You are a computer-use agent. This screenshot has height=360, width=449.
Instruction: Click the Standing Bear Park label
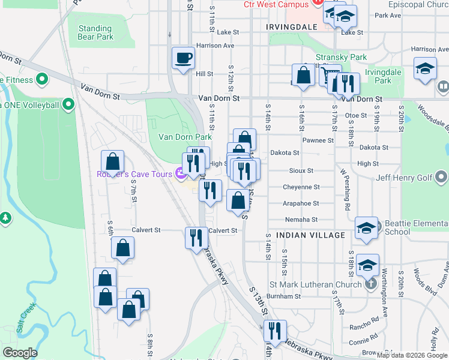(x=95, y=32)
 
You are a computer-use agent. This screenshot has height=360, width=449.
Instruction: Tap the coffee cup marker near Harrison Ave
(x=184, y=58)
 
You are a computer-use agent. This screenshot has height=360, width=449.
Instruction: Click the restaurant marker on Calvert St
(x=196, y=237)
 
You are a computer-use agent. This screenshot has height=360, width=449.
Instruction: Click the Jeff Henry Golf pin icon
(x=442, y=177)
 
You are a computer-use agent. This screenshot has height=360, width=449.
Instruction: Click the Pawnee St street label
(x=318, y=140)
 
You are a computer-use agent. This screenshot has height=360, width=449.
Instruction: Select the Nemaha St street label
(x=300, y=220)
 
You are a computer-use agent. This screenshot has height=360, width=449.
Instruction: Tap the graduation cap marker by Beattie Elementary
(x=366, y=228)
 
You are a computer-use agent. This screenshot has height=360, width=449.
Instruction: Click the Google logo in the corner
(x=20, y=353)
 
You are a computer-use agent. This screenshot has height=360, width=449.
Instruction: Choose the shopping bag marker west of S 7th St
(x=112, y=161)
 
